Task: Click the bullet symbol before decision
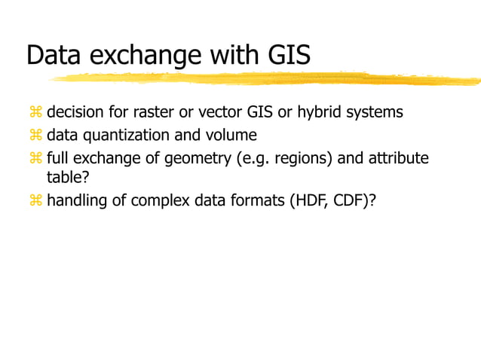click(x=34, y=112)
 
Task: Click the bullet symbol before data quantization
click(x=34, y=136)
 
